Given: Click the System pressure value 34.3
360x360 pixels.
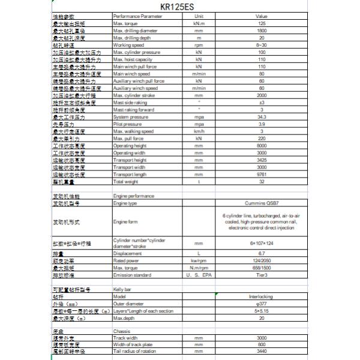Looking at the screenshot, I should click(261, 116).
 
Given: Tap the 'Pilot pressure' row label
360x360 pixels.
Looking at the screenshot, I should click(127, 124).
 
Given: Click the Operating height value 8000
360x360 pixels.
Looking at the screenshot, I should click(261, 145).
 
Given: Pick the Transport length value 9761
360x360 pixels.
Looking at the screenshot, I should click(261, 174).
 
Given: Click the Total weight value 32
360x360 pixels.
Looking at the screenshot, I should click(261, 181).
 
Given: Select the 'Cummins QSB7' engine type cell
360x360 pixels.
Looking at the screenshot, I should click(261, 203).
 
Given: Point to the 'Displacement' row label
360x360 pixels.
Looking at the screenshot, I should click(127, 253).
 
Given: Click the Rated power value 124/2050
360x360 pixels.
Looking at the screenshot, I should click(261, 260).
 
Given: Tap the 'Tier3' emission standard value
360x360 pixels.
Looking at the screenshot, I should click(261, 275).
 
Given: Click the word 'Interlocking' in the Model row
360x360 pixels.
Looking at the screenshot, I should click(261, 296).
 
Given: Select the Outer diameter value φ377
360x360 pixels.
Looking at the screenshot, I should click(261, 304).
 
